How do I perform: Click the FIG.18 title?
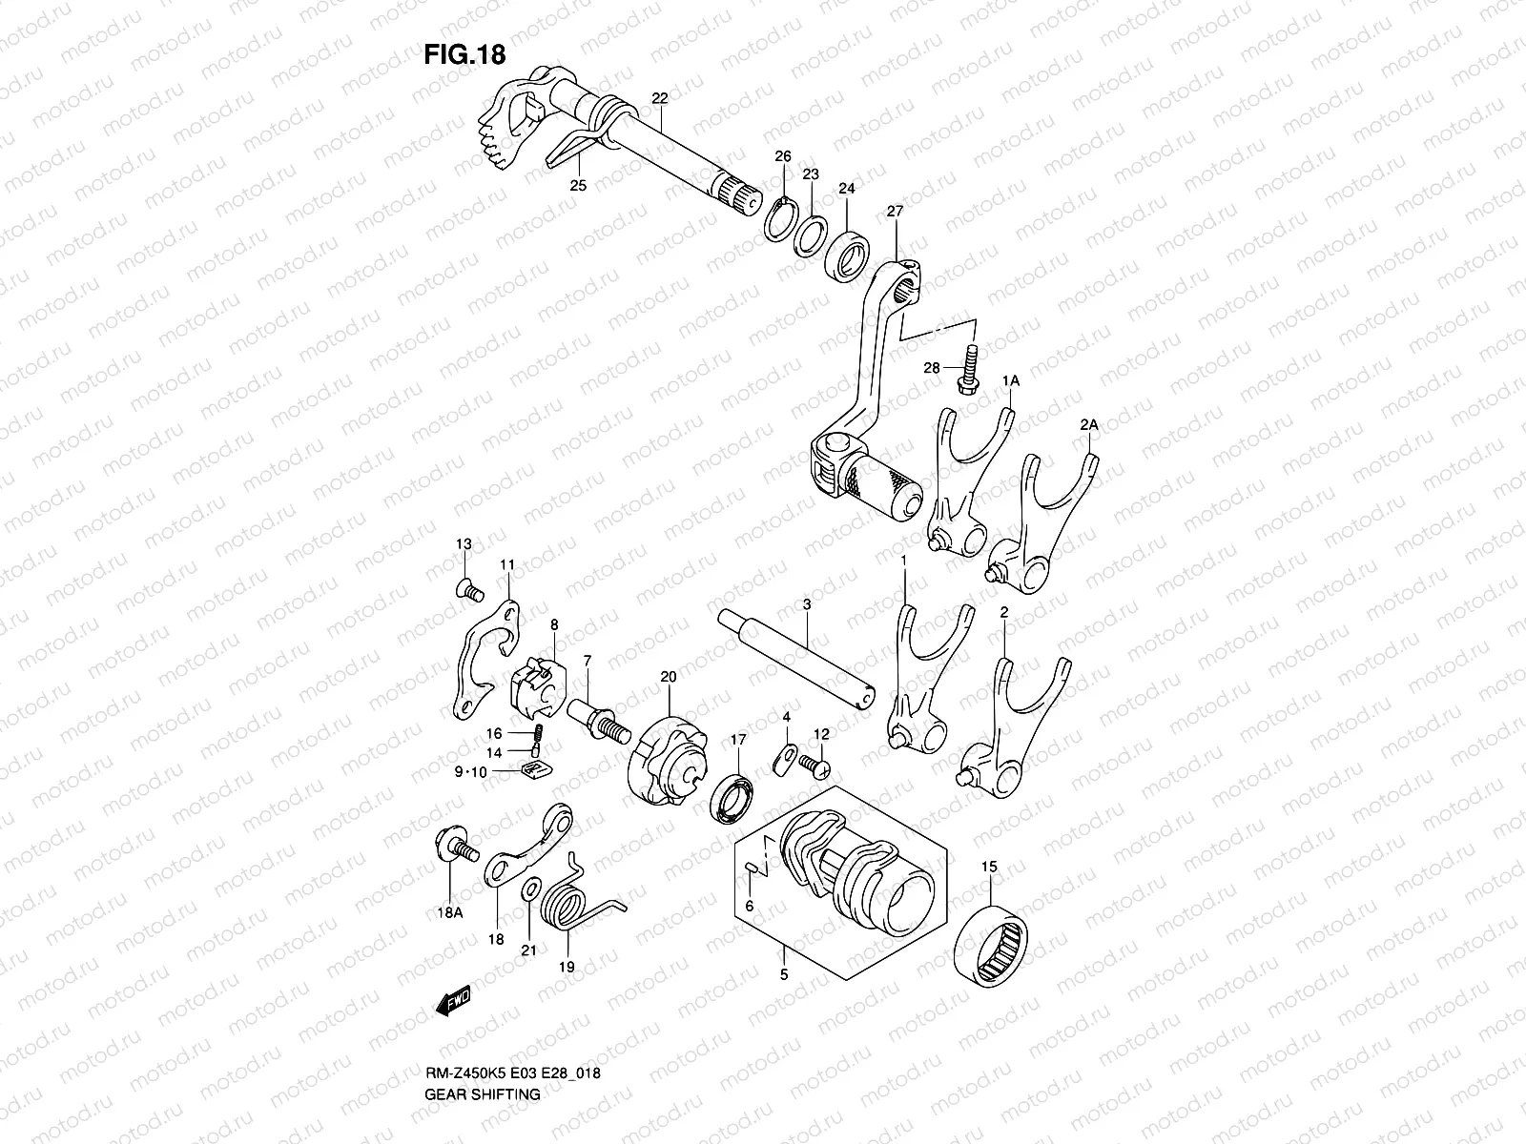[x=464, y=55]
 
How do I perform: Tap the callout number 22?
[x=660, y=98]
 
